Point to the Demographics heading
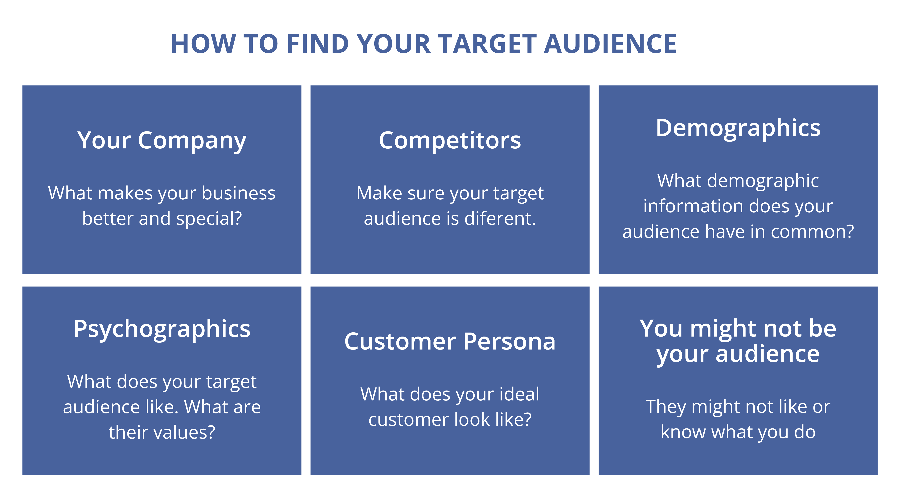click(738, 128)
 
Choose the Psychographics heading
click(162, 329)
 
